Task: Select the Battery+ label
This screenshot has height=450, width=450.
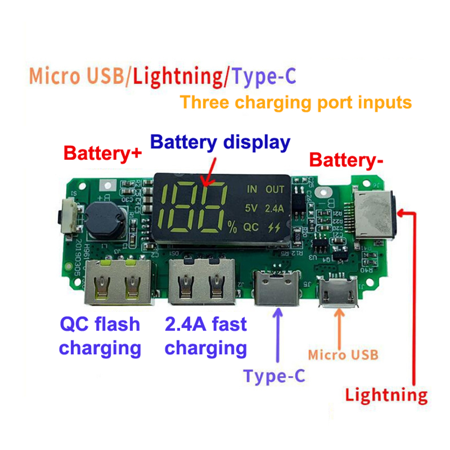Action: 103,154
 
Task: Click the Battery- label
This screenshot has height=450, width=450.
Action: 347,160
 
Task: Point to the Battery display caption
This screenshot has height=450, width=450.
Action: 220,142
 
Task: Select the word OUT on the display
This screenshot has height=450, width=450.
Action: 275,189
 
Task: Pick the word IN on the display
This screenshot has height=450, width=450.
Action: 252,189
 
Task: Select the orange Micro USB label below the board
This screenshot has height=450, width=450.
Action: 343,354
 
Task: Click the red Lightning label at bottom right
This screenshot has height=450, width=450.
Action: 386,395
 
